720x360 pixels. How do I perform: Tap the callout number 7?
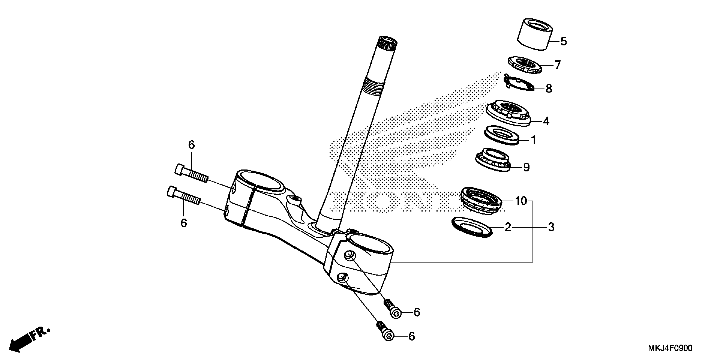tap(557, 65)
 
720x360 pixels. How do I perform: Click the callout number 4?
tap(546, 121)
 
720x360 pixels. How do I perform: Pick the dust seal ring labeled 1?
tap(502, 135)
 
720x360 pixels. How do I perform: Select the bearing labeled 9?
tap(493, 160)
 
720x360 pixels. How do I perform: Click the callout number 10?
tap(521, 201)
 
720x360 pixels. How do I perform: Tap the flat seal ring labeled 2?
tap(471, 227)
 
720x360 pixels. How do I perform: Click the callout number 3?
tap(551, 227)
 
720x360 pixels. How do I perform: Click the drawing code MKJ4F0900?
tap(670, 348)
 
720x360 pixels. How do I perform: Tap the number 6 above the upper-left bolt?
tap(191, 145)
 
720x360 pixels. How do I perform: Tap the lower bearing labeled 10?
tap(481, 201)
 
